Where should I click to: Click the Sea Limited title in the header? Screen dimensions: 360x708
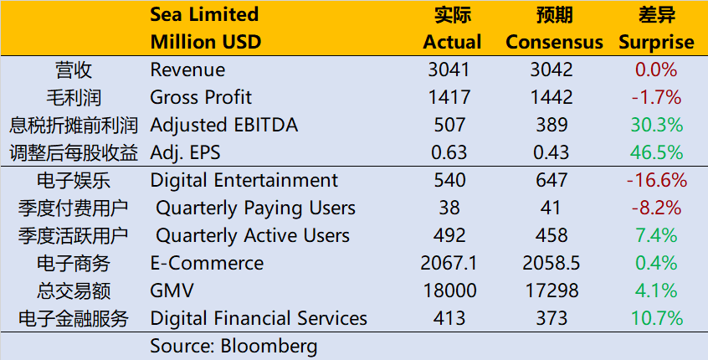[x=204, y=14]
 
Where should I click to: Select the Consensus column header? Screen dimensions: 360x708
[x=554, y=42]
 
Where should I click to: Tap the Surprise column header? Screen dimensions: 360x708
[x=656, y=42]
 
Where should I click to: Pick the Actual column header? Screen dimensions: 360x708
[x=452, y=42]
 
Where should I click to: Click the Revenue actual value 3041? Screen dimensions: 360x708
[x=452, y=69]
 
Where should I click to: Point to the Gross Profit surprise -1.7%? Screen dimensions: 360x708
[x=656, y=97]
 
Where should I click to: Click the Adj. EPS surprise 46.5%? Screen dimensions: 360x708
[x=656, y=152]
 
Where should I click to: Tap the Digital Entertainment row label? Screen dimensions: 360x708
[x=244, y=180]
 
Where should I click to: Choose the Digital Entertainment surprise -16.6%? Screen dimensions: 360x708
[x=656, y=180]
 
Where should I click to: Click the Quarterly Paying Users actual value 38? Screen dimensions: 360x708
[x=452, y=208]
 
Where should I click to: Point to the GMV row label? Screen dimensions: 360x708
[x=172, y=291]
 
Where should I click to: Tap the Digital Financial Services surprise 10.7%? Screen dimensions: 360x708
[x=656, y=318]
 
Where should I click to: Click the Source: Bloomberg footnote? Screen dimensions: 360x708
[x=233, y=346]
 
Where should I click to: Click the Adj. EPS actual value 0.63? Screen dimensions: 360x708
[x=452, y=152]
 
